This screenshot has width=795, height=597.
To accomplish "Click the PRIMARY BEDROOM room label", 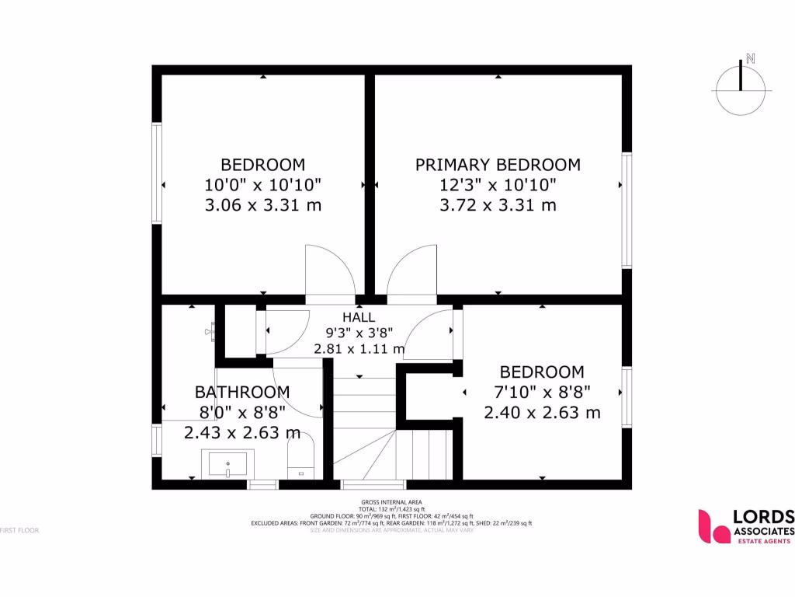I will [x=498, y=165].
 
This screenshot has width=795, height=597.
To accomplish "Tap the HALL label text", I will [x=359, y=317].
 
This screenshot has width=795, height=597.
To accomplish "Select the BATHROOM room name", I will [x=242, y=392].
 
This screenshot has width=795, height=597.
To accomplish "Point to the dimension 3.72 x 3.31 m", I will [x=498, y=205].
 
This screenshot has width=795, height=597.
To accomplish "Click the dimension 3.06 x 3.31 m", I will [x=263, y=205].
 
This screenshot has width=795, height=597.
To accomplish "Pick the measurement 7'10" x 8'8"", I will [x=542, y=392].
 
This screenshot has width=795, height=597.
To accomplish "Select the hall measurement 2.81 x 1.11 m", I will [x=359, y=349].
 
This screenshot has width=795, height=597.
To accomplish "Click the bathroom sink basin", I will [x=227, y=463].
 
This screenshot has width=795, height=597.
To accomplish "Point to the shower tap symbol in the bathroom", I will [x=210, y=331].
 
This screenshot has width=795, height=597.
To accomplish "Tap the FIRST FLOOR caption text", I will [x=19, y=530].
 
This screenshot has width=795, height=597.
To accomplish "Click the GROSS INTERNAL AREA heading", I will [x=391, y=502].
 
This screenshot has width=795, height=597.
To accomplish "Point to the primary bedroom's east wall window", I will [x=627, y=211].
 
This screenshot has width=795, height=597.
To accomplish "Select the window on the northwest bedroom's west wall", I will [x=157, y=173].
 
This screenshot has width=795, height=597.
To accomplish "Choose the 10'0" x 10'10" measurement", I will [x=263, y=185].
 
